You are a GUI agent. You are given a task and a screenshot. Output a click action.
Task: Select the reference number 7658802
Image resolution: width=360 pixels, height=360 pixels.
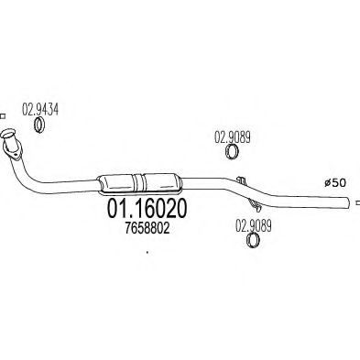pyautogui.click(x=144, y=232)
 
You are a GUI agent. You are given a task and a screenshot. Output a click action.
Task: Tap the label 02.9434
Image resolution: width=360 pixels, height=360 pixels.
pyautogui.click(x=40, y=107)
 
